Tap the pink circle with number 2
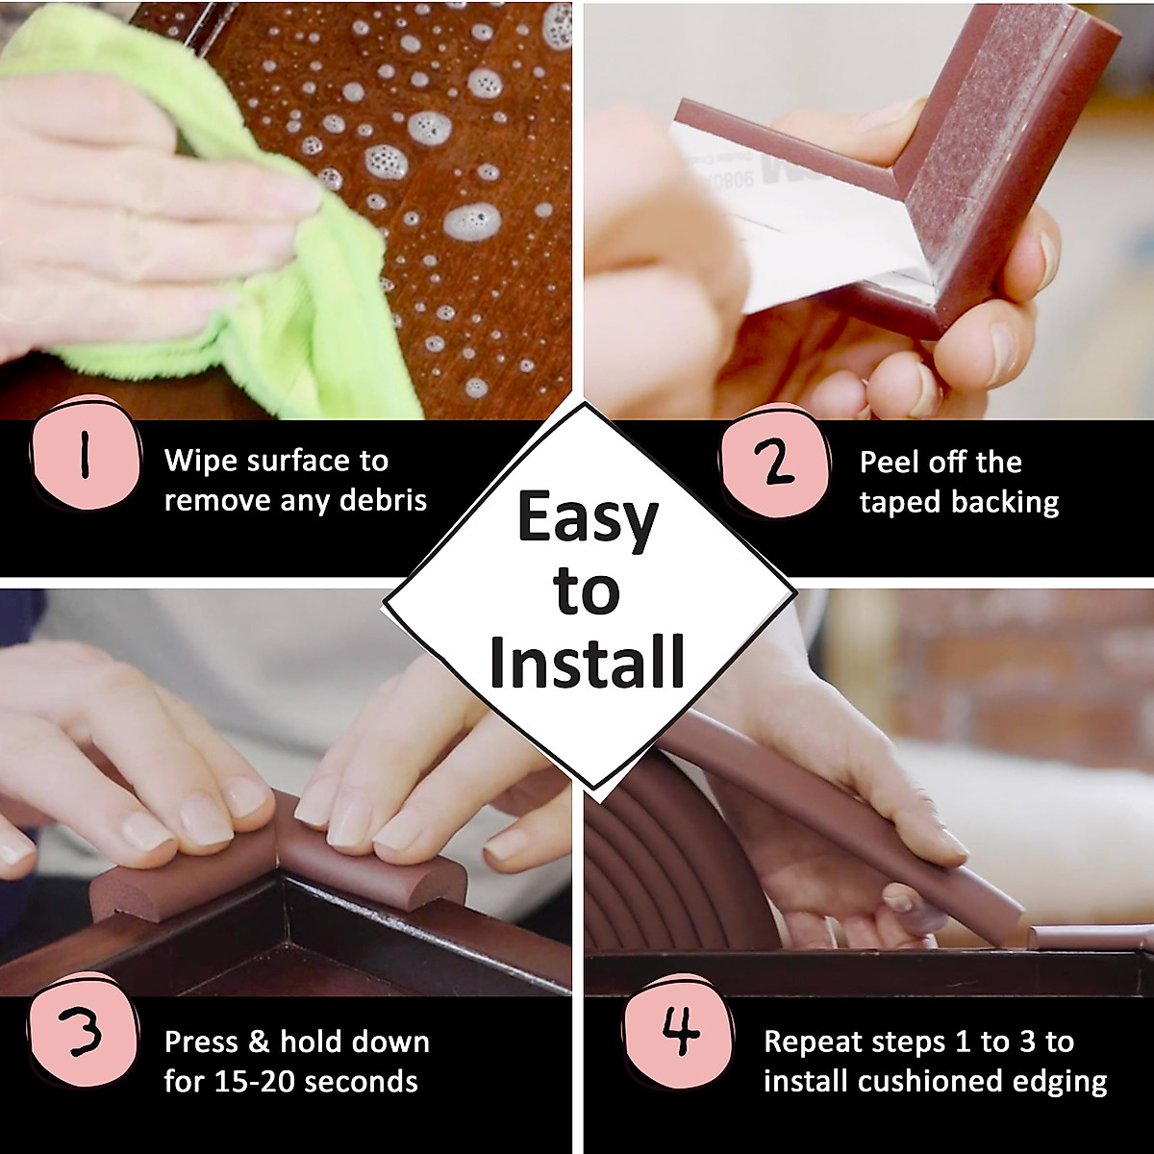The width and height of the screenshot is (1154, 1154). tap(775, 464)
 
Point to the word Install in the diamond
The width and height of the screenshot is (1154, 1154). tap(587, 662)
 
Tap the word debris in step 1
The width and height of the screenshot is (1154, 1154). tap(385, 501)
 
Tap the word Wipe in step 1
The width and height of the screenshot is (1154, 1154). tap(200, 461)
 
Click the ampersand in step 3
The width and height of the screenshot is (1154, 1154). tap(262, 1041)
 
